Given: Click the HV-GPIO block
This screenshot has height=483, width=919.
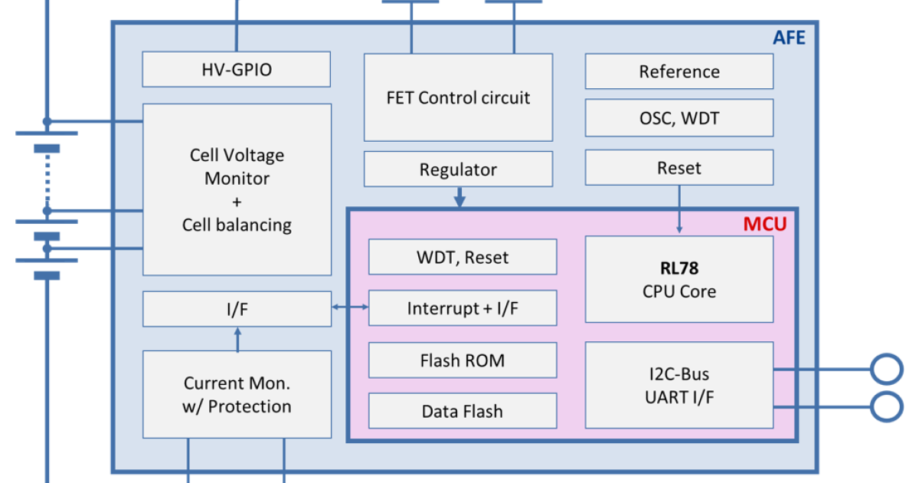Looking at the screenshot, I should (237, 70).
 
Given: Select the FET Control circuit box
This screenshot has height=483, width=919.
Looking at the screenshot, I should (458, 97).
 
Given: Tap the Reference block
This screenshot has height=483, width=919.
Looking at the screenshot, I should (679, 72).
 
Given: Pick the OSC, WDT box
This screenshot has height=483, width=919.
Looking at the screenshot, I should (679, 119).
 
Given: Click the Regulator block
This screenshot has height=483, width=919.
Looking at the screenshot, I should (458, 169).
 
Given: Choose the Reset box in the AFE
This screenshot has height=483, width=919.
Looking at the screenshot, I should (679, 168).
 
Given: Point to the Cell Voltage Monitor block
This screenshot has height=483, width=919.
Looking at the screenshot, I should (237, 190).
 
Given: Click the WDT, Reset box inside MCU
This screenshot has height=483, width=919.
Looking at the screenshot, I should (463, 258).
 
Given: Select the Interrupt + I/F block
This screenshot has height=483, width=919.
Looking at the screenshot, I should (463, 309).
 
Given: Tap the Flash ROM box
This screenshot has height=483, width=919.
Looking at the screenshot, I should (463, 360).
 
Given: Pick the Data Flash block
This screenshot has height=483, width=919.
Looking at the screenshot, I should (463, 411).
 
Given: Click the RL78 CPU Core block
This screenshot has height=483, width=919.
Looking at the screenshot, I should (679, 280).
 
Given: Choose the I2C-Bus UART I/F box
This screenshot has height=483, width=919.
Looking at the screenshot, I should (679, 385).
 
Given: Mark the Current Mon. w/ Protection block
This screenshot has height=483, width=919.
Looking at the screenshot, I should (237, 394).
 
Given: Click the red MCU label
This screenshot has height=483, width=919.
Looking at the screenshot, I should (764, 225).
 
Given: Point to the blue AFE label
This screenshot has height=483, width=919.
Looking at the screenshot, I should (788, 37).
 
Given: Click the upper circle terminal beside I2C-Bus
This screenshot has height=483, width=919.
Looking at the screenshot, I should (887, 369).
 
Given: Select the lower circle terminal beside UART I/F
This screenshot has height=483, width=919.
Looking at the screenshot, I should (887, 406).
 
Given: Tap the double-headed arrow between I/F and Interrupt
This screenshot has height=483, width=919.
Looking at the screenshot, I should (350, 308).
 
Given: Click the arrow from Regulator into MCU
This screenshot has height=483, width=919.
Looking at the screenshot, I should (459, 198).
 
